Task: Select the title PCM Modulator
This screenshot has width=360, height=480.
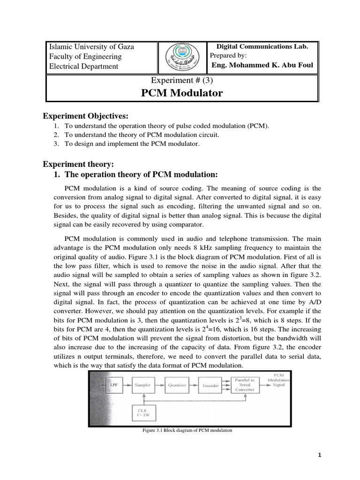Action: pyautogui.click(x=182, y=93)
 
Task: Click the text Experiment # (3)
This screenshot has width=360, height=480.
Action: pyautogui.click(x=182, y=80)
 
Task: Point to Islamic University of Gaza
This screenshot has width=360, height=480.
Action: pyautogui.click(x=92, y=47)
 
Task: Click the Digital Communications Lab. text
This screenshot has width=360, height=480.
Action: pyautogui.click(x=262, y=46)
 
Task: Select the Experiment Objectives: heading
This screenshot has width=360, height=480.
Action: pyautogui.click(x=85, y=116)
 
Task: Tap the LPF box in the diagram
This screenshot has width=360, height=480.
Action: pyautogui.click(x=114, y=385)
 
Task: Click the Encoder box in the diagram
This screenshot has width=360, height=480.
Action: pyautogui.click(x=210, y=385)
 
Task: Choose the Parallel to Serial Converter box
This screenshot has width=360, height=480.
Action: pyautogui.click(x=245, y=385)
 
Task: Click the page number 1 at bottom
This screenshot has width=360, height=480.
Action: pyautogui.click(x=319, y=455)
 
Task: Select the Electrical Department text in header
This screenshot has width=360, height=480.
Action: pyautogui.click(x=84, y=66)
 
